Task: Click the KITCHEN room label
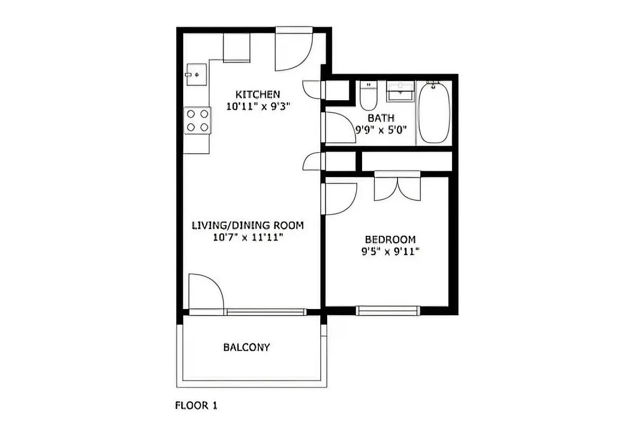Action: pyautogui.click(x=257, y=94)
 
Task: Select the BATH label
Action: pyautogui.click(x=381, y=118)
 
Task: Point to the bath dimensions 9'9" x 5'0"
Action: pyautogui.click(x=381, y=130)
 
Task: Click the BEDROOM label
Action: pyautogui.click(x=390, y=240)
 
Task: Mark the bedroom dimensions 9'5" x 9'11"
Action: pyautogui.click(x=390, y=252)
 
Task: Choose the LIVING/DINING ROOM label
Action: pyautogui.click(x=248, y=226)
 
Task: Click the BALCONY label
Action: pyautogui.click(x=246, y=348)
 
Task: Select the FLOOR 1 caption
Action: pyautogui.click(x=196, y=406)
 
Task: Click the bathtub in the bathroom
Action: pyautogui.click(x=434, y=112)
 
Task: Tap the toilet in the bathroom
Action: pyautogui.click(x=367, y=95)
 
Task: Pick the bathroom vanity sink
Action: pyautogui.click(x=400, y=92)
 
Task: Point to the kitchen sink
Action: pyautogui.click(x=196, y=75)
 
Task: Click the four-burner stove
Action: pyautogui.click(x=197, y=120)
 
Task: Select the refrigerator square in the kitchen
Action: pyautogui.click(x=236, y=48)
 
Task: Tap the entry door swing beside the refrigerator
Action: pyautogui.click(x=293, y=51)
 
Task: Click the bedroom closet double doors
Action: pyautogui.click(x=397, y=187)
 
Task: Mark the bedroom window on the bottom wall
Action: pyautogui.click(x=388, y=311)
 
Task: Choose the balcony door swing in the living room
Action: pyautogui.click(x=205, y=291)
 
